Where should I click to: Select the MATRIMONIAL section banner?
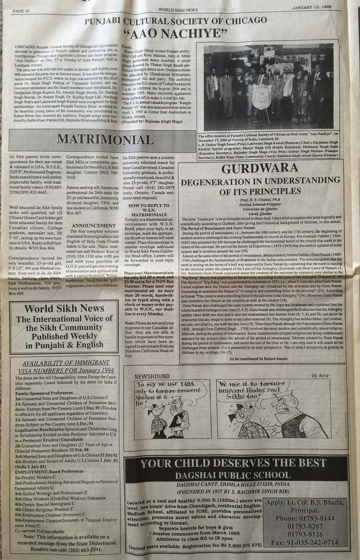pyautogui.click(x=105, y=139)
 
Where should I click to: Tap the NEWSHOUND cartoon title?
pyautogui.click(x=152, y=376)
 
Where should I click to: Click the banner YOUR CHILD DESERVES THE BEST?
pyautogui.click(x=233, y=463)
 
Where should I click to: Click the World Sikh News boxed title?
pyautogui.click(x=64, y=309)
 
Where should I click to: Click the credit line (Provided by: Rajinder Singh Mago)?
pyautogui.click(x=152, y=121)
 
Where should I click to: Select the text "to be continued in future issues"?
pyautogui.click(x=259, y=359)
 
